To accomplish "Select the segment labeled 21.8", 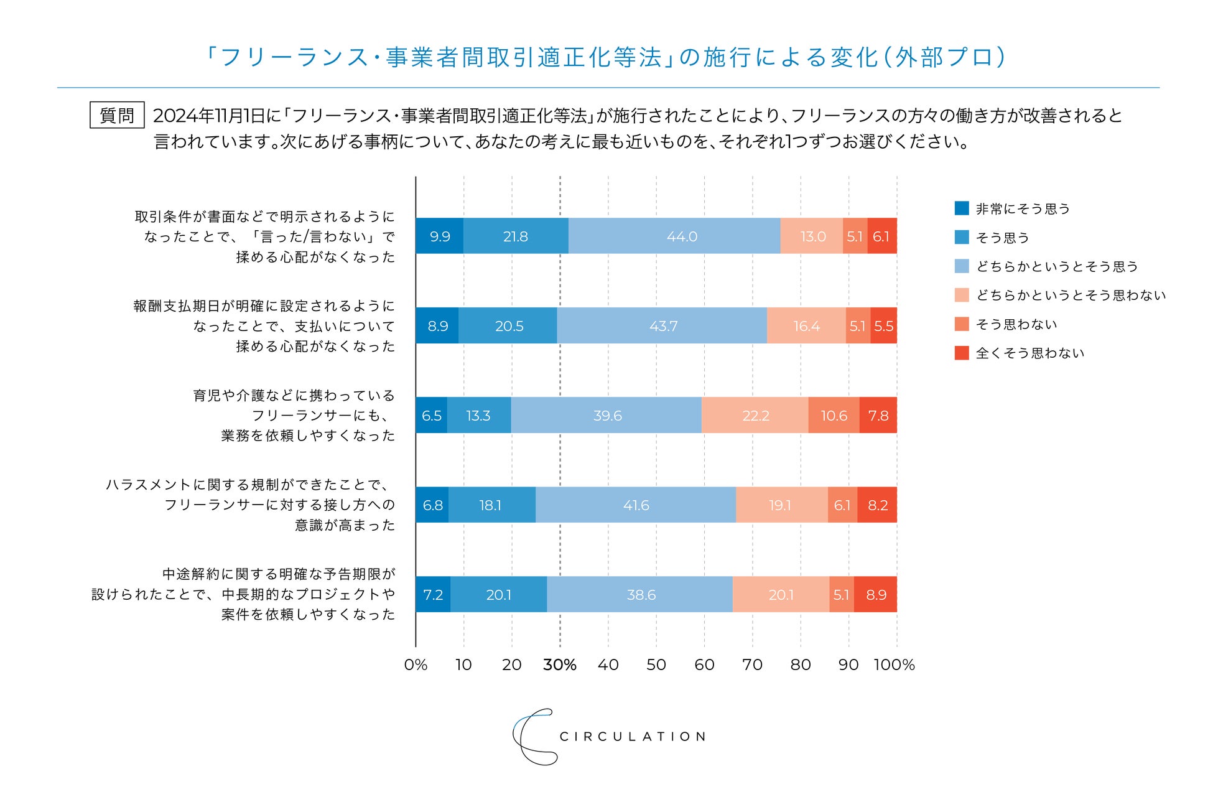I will tap(516, 236).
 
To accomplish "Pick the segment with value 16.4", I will tap(806, 326).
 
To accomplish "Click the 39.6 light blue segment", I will tap(606, 416).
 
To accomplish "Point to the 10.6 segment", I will tap(834, 416).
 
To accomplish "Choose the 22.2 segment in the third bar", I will tap(755, 416).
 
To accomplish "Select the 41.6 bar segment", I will tap(636, 505).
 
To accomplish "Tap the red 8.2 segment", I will tap(877, 505).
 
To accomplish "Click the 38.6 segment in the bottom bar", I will tap(640, 595).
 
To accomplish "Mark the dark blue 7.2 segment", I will tap(433, 595).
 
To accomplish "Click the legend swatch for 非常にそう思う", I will tap(962, 208).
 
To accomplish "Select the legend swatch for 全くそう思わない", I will tap(962, 353).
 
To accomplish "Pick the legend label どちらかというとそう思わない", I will tap(1071, 296).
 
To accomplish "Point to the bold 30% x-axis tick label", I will tap(560, 665).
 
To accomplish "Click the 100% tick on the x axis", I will tap(894, 665).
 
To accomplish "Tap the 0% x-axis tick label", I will tap(416, 665).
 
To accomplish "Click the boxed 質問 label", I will tap(117, 115).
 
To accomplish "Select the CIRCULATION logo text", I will tap(633, 737).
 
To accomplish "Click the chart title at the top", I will tap(606, 57).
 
